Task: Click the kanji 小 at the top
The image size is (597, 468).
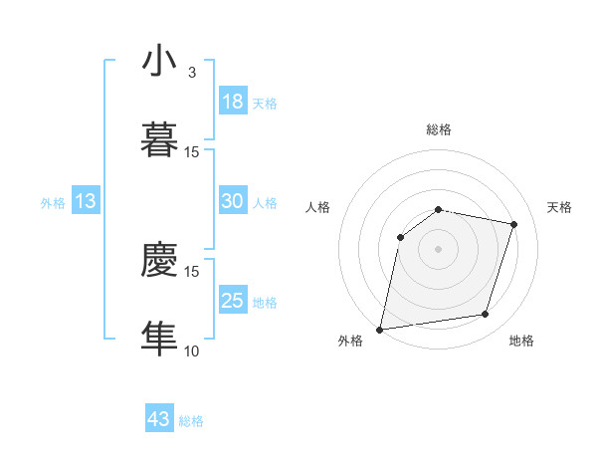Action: tap(159, 62)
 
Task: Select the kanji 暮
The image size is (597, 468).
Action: tap(159, 139)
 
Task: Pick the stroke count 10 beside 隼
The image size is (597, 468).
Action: tap(192, 351)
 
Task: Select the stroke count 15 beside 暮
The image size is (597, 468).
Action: tap(192, 151)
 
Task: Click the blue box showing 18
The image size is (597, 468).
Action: tap(232, 102)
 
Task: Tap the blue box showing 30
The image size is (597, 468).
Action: tap(232, 201)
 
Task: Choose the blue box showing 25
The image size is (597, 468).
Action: tap(232, 301)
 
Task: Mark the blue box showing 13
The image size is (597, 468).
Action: tap(85, 201)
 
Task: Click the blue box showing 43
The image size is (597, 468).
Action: tap(159, 419)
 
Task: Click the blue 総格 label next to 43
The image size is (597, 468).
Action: tap(191, 421)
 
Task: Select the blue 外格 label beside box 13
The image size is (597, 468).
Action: tap(53, 203)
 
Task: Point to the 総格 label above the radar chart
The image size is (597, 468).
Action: tap(439, 129)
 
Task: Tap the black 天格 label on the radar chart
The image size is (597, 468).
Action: tap(559, 207)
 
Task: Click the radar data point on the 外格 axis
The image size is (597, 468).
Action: tap(380, 329)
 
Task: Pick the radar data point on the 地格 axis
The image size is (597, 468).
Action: tap(486, 315)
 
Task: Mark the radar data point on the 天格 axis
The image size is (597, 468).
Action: tap(514, 224)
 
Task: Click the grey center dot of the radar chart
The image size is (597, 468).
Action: tap(439, 248)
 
